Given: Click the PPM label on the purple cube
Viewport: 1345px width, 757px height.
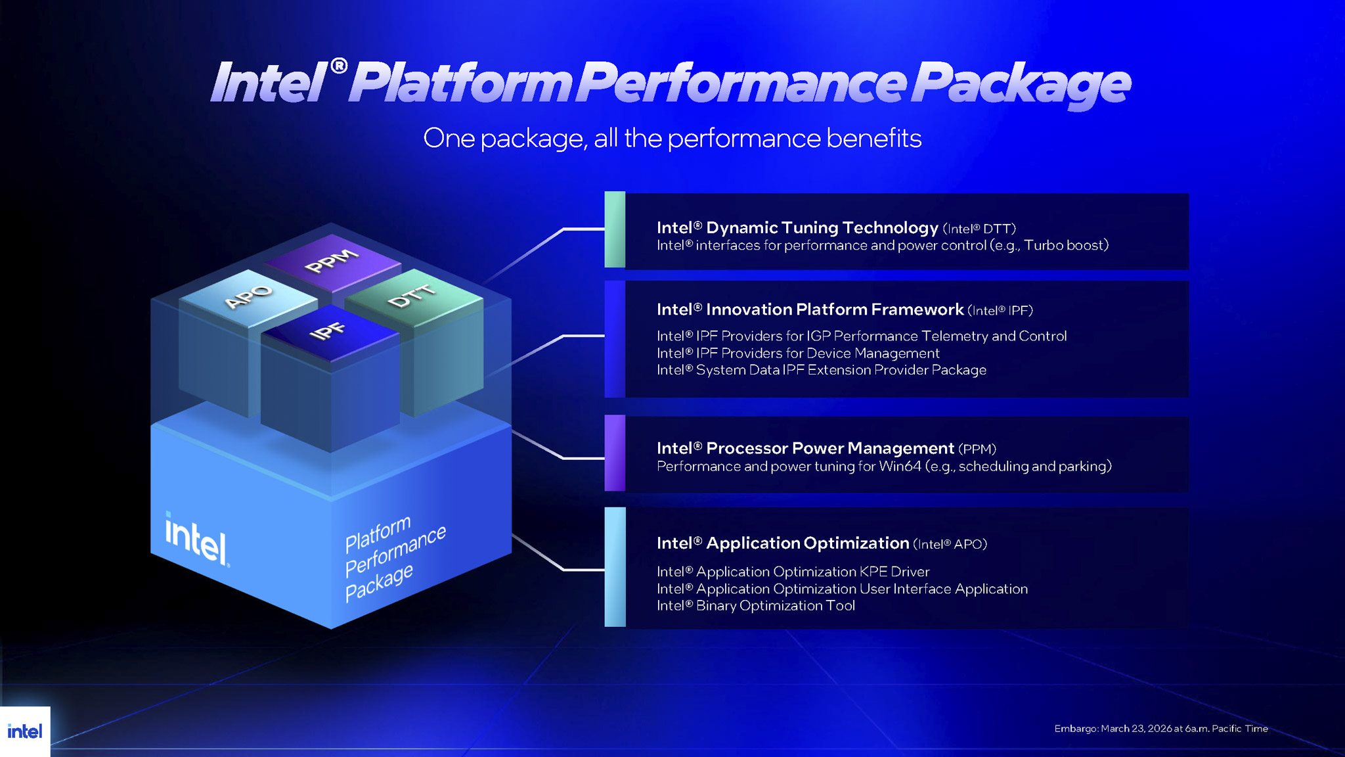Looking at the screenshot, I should [332, 261].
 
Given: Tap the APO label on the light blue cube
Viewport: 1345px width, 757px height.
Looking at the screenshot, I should [248, 296].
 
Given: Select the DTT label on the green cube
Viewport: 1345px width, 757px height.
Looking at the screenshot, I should [412, 296].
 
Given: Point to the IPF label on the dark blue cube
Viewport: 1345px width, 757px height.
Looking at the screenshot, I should [327, 331].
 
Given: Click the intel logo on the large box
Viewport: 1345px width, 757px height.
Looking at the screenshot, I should [196, 539].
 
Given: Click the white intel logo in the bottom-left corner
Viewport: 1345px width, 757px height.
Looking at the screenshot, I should [24, 731].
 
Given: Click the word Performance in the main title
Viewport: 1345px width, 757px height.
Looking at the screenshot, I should [741, 83].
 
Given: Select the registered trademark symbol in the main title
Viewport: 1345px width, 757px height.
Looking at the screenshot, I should [338, 66].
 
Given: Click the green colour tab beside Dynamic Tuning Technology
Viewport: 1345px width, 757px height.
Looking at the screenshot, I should [615, 229].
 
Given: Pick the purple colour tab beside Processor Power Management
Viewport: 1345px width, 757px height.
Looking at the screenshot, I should [615, 453].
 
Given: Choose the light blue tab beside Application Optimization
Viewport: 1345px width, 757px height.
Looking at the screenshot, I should [615, 566].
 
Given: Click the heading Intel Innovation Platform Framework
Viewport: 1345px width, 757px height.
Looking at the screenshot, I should [810, 310].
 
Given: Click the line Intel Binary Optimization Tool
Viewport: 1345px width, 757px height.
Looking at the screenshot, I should [755, 606].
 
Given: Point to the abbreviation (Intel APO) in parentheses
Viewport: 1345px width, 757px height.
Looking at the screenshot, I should [950, 544].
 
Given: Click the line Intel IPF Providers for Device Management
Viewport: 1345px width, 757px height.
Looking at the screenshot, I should [797, 354].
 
